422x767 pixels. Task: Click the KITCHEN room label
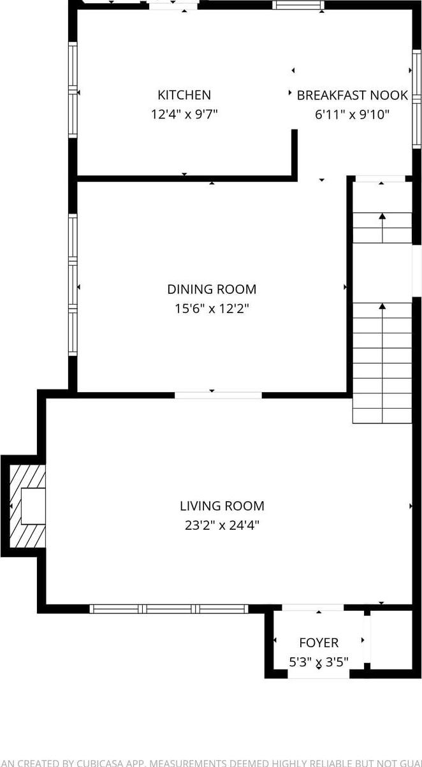184,95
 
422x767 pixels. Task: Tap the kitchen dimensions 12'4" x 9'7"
184,115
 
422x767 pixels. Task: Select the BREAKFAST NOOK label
352,95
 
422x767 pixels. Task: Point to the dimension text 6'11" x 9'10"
352,115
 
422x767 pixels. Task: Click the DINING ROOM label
212,289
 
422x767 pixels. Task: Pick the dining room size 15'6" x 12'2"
212,309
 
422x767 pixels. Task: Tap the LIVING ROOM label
222,506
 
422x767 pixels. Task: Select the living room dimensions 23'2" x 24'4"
222,525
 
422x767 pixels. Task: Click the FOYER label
319,643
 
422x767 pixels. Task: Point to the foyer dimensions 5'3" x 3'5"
319,662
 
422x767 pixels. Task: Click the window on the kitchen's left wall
73,90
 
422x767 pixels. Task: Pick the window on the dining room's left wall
73,284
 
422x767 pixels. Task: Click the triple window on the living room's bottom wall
168,609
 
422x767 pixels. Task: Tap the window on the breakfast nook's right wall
416,97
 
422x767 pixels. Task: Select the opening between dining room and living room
218,395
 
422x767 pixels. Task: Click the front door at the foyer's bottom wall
318,674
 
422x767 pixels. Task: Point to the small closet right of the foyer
391,639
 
